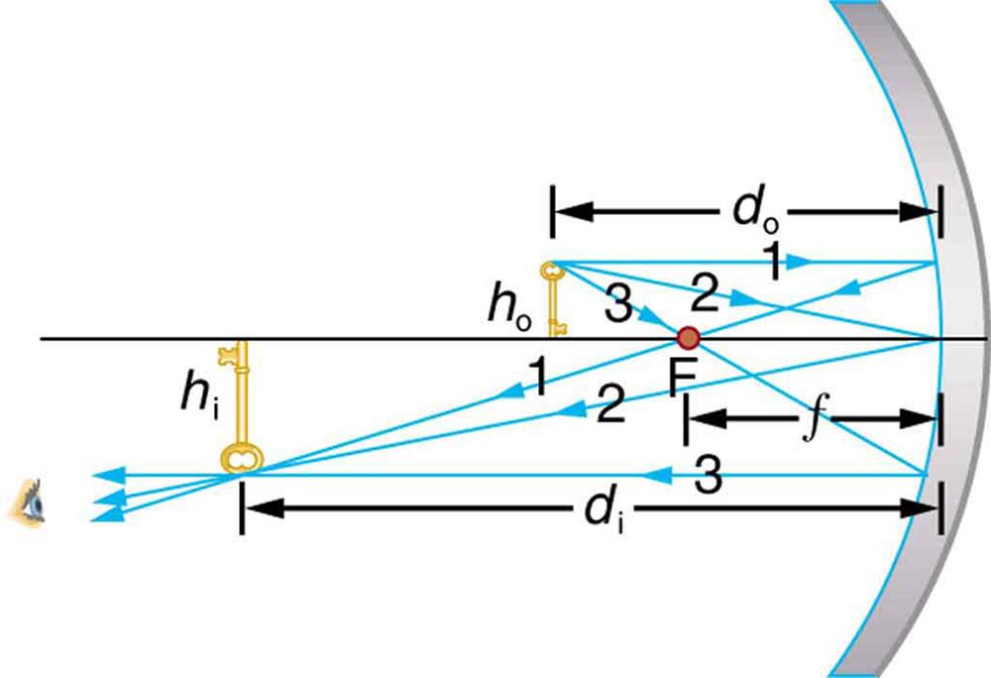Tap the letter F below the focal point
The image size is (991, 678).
681,379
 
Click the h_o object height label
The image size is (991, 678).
503,307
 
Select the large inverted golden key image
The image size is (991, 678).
239,406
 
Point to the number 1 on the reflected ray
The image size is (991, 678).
536,378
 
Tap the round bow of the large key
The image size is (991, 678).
239,456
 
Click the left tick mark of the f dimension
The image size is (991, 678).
686,419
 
